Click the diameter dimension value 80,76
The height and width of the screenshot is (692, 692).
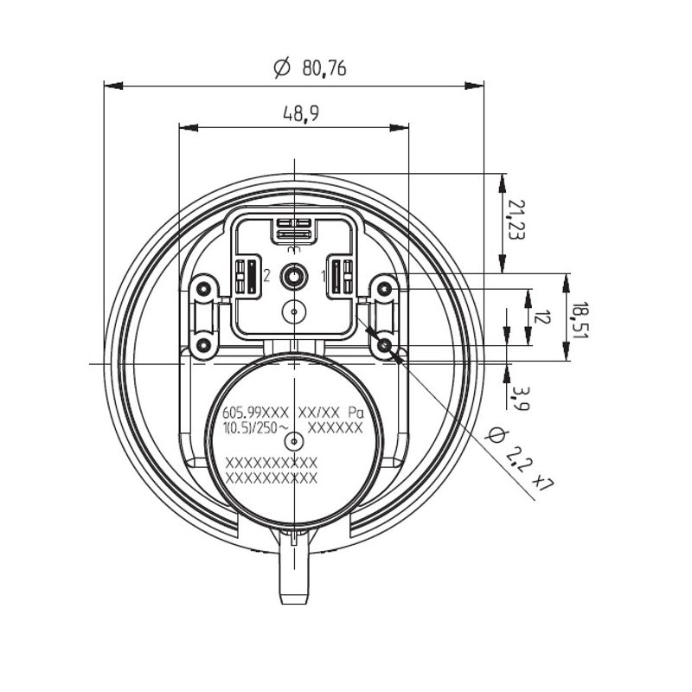coord(324,68)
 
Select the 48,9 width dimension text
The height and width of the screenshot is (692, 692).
coord(300,114)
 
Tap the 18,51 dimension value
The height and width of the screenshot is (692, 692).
coord(580,320)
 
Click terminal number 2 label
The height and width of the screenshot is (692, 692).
coord(266,276)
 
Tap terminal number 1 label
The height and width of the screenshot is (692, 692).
coord(324,277)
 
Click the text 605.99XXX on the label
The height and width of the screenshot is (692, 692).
coord(255,413)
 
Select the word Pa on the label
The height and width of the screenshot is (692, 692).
coord(356,413)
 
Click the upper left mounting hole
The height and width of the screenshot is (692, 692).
coord(203,290)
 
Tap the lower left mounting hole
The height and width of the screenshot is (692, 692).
coord(203,344)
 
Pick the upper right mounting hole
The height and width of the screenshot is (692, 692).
coord(385,289)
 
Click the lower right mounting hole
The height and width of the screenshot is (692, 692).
coord(385,344)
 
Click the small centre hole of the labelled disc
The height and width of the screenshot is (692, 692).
coord(294,441)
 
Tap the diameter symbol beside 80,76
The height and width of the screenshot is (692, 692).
coord(282,67)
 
